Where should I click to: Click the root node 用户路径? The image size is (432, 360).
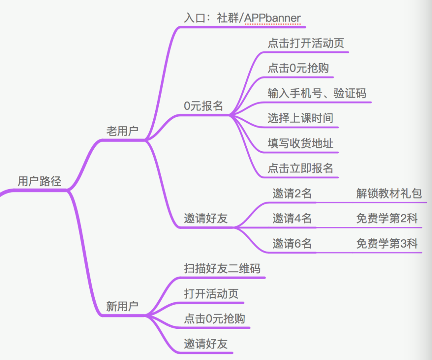(x=40, y=181)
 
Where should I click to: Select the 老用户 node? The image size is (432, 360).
(x=122, y=131)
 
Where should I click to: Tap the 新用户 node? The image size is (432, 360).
(x=122, y=306)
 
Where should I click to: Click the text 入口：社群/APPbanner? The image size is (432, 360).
(x=242, y=18)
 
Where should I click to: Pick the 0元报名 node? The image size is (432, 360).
(x=203, y=106)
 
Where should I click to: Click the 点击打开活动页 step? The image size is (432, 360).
(x=306, y=43)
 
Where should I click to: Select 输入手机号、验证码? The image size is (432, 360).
(x=317, y=93)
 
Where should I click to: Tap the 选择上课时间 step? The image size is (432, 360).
(x=300, y=118)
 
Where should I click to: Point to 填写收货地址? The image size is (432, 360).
(x=300, y=143)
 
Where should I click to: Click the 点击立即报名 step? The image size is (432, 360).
(x=300, y=168)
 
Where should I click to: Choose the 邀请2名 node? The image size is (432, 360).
(x=292, y=194)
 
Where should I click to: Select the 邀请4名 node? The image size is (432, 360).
(x=292, y=218)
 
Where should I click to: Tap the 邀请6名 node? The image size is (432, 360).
(x=292, y=244)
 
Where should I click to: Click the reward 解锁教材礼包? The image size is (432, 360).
(x=389, y=194)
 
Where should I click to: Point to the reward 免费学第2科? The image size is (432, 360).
(x=386, y=218)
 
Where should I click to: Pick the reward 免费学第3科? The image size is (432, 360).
(x=386, y=244)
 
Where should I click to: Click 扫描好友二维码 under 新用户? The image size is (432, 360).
(x=222, y=268)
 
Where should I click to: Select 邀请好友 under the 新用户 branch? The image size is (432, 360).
(x=206, y=344)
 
